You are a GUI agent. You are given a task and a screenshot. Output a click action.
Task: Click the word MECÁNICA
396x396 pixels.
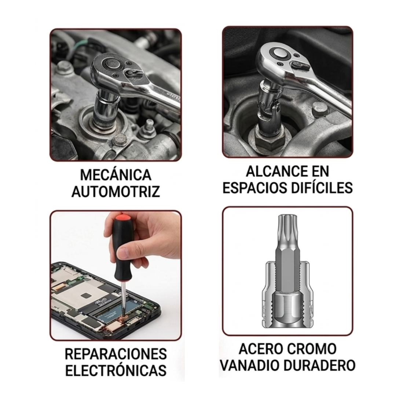(x=115, y=175)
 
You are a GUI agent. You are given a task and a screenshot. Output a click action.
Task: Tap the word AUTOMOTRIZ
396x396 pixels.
(x=115, y=191)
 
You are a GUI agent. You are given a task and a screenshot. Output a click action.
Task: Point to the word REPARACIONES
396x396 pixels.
(x=115, y=354)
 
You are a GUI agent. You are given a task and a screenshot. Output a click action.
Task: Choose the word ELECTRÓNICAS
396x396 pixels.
(x=115, y=370)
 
